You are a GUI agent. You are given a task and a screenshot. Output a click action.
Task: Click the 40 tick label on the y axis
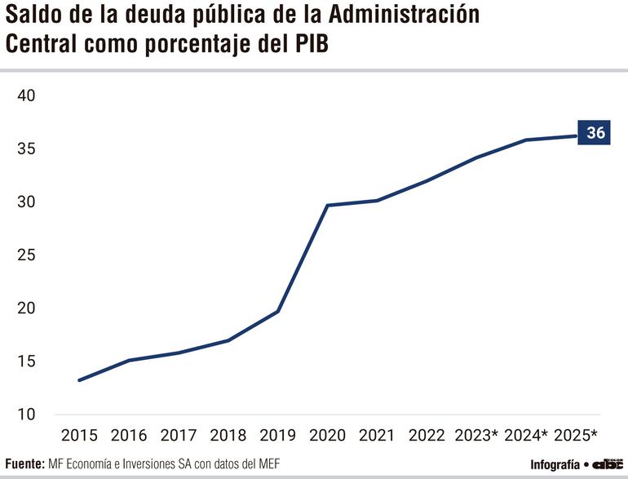(27, 96)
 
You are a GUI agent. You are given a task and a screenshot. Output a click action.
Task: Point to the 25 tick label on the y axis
(27, 255)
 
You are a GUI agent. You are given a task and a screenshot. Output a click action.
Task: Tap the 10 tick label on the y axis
(27, 415)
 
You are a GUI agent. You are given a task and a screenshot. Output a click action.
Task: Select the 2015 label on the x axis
(78, 435)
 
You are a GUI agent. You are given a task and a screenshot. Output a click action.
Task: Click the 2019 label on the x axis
(278, 435)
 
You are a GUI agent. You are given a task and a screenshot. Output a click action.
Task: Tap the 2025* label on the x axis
(576, 435)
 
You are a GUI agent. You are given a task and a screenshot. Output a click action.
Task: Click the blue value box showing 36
(595, 132)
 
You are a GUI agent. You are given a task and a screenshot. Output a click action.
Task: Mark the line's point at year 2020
(328, 205)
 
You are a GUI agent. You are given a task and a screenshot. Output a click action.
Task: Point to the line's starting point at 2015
(79, 380)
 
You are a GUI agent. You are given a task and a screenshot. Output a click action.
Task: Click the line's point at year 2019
(278, 311)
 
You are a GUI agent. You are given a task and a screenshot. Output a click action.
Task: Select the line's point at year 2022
(427, 180)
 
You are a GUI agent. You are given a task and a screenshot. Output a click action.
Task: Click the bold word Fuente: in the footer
(24, 464)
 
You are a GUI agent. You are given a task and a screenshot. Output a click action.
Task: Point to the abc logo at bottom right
(608, 463)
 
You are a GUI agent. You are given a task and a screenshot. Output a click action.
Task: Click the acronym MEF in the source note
(268, 464)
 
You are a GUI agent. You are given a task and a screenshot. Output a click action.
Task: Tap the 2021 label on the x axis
(378, 435)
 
